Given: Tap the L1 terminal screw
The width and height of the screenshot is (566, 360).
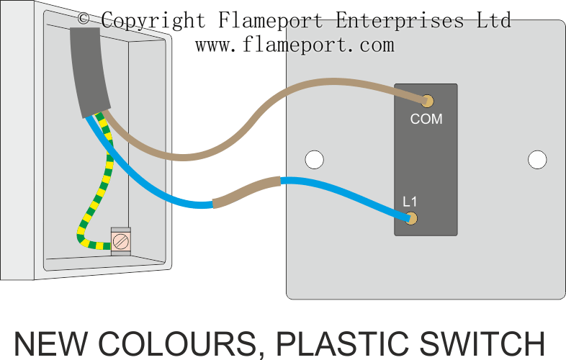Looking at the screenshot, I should [412, 218].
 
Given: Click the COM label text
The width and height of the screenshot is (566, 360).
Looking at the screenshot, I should [426, 119].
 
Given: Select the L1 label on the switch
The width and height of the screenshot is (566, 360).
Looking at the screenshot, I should [410, 202].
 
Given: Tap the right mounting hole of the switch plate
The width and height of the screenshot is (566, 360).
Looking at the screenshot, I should [537, 159].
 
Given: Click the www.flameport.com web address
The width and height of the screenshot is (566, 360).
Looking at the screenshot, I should [295, 45].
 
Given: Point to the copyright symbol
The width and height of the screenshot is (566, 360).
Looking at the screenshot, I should [84, 18].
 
